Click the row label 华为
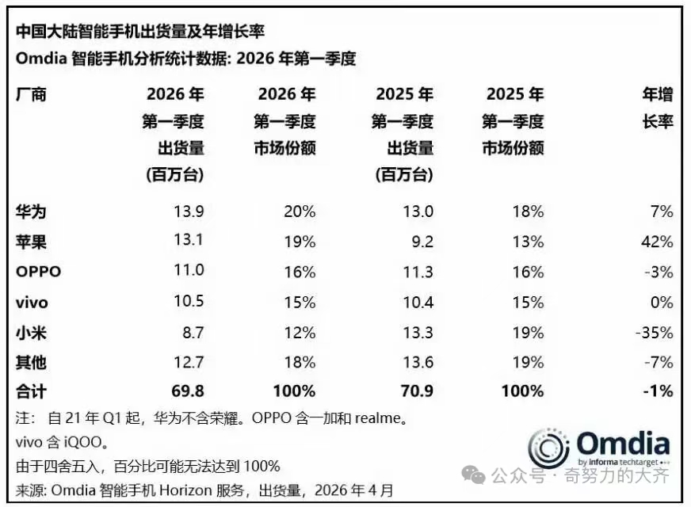click(x=31, y=212)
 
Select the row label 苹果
click(x=31, y=242)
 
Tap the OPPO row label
click(x=38, y=272)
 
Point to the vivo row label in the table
click(x=32, y=302)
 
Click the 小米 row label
click(x=31, y=332)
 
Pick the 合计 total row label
click(x=31, y=391)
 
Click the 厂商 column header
click(x=31, y=95)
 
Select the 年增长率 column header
click(x=657, y=109)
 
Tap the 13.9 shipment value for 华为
click(x=189, y=212)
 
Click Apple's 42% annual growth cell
click(x=659, y=242)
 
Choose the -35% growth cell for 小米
click(x=655, y=332)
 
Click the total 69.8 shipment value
click(x=189, y=391)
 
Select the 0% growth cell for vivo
click(x=662, y=302)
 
